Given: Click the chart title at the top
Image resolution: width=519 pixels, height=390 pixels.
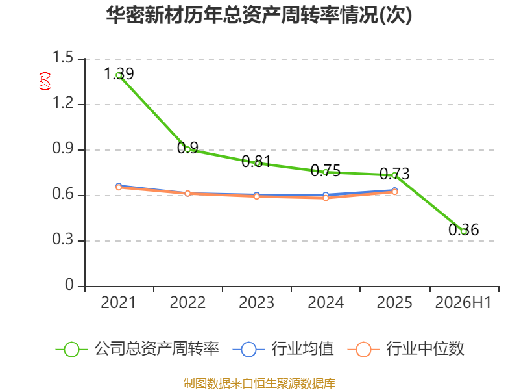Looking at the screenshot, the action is (x=259, y=15).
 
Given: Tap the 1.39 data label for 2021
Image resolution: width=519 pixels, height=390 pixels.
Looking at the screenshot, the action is (x=119, y=73).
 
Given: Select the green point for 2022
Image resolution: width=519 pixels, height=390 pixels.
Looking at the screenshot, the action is (x=187, y=149).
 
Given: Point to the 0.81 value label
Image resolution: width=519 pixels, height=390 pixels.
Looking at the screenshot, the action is (x=256, y=161).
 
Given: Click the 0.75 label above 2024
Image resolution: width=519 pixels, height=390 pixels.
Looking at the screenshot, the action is (x=326, y=171).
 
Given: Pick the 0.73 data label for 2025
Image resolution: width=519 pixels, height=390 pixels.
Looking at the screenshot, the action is (x=394, y=174).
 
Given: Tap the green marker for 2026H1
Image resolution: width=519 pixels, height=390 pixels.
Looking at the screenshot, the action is (x=464, y=231).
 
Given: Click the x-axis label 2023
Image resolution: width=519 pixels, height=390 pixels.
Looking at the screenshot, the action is (x=256, y=302).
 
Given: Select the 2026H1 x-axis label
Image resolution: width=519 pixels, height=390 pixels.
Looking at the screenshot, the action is (x=463, y=302).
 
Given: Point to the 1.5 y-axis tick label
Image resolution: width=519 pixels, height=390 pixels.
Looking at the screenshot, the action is (x=63, y=57).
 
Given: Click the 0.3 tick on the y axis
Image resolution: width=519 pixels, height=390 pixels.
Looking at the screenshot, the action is (x=63, y=239).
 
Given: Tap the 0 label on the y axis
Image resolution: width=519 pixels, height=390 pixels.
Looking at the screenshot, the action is (x=69, y=285).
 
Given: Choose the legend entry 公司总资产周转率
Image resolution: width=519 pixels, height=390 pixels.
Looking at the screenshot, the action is (x=137, y=349).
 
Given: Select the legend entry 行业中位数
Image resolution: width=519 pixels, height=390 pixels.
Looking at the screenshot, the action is (x=406, y=349).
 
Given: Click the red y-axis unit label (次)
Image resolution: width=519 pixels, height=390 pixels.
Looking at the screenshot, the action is (x=45, y=81).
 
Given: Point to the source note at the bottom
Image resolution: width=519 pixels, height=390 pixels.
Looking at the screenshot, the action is (x=259, y=383).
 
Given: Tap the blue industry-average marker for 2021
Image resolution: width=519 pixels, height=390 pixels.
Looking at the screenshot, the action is (x=119, y=186).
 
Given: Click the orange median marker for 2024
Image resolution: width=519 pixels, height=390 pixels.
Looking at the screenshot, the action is (x=326, y=198).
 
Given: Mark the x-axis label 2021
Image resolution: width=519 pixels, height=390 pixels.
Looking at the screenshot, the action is (x=118, y=302).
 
